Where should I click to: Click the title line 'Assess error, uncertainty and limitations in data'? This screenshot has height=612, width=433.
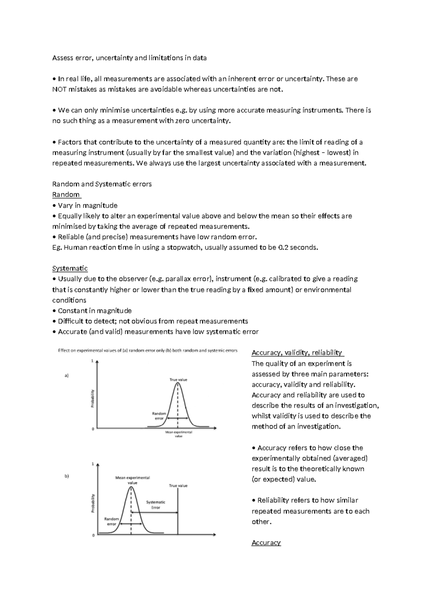click(x=129, y=58)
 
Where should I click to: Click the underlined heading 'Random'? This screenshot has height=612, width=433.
click(x=66, y=194)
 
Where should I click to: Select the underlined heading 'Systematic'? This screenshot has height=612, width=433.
click(x=70, y=268)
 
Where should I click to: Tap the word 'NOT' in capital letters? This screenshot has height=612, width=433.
click(x=59, y=89)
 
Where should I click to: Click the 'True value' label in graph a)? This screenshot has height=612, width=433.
click(x=178, y=380)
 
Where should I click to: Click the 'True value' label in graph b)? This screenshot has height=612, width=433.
click(x=178, y=486)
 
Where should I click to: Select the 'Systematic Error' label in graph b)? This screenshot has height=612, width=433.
click(x=156, y=504)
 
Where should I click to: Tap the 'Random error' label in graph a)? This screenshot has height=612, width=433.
click(x=159, y=416)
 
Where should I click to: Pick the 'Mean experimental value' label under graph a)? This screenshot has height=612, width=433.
click(x=179, y=434)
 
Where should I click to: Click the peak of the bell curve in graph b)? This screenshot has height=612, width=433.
click(x=131, y=488)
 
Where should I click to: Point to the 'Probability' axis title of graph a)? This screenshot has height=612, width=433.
click(x=92, y=398)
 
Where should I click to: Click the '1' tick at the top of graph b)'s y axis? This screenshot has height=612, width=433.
click(x=93, y=464)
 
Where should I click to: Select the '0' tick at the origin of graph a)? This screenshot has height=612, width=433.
click(x=93, y=429)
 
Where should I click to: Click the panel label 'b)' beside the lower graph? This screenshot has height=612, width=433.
click(x=67, y=476)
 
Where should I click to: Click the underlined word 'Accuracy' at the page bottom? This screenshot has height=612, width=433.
click(x=266, y=543)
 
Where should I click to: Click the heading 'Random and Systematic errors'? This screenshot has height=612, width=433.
click(x=102, y=184)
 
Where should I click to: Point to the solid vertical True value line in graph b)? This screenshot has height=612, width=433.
click(x=178, y=512)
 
